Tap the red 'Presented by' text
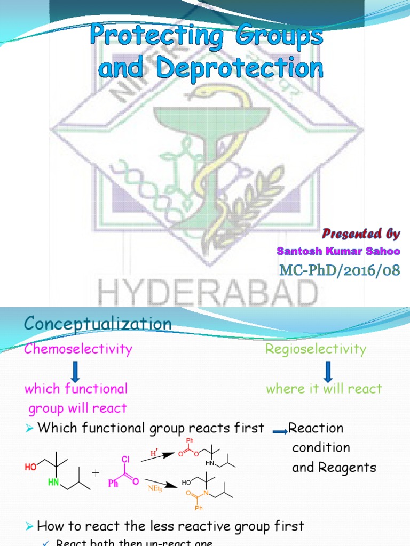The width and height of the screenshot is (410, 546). (x=360, y=234)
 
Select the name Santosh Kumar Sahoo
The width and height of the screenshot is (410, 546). (x=338, y=251)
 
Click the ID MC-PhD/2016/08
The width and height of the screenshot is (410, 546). (x=339, y=270)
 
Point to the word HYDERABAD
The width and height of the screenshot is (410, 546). (x=208, y=293)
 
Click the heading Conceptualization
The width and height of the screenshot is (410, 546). (x=98, y=324)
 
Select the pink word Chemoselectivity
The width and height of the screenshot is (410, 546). (x=78, y=349)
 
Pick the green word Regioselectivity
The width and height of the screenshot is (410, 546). (x=316, y=349)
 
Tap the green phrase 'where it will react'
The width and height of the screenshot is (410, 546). (x=324, y=389)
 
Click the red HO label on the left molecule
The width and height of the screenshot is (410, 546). (x=30, y=468)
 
